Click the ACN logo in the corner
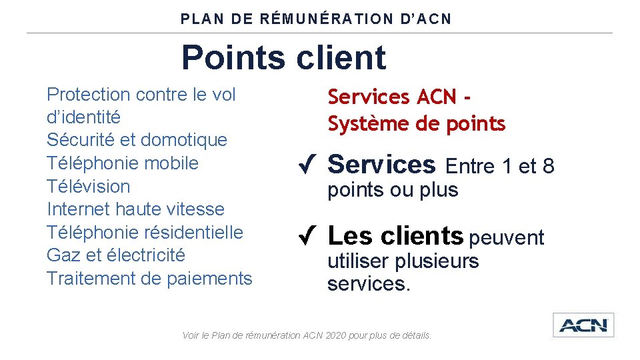583,325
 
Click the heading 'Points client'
283,57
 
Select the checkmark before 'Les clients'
307,236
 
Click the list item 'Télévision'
88,186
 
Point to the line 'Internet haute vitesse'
135,209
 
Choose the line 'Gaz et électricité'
116,255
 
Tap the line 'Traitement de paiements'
149,279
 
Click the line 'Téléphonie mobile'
123,163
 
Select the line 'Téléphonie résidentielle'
145,233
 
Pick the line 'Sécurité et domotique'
137,140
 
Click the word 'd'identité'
84,117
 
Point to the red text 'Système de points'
416,124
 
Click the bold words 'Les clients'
395,236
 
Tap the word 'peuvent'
507,237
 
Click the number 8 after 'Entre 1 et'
548,166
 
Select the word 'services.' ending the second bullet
369,285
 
